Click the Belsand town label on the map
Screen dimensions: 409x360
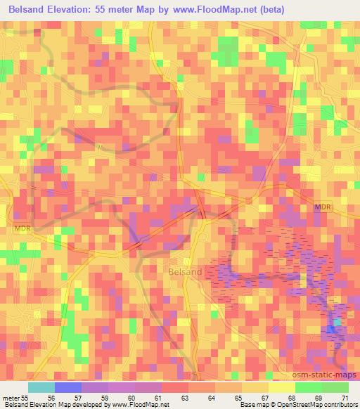[x=186, y=271]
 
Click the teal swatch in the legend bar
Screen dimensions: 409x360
[x=41, y=387]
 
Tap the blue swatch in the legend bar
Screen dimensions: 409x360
[x=68, y=387]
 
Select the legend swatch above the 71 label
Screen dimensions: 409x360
[x=335, y=387]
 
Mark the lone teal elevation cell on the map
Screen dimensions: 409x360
[x=337, y=323]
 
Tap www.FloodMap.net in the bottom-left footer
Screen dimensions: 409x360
[x=141, y=405]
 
